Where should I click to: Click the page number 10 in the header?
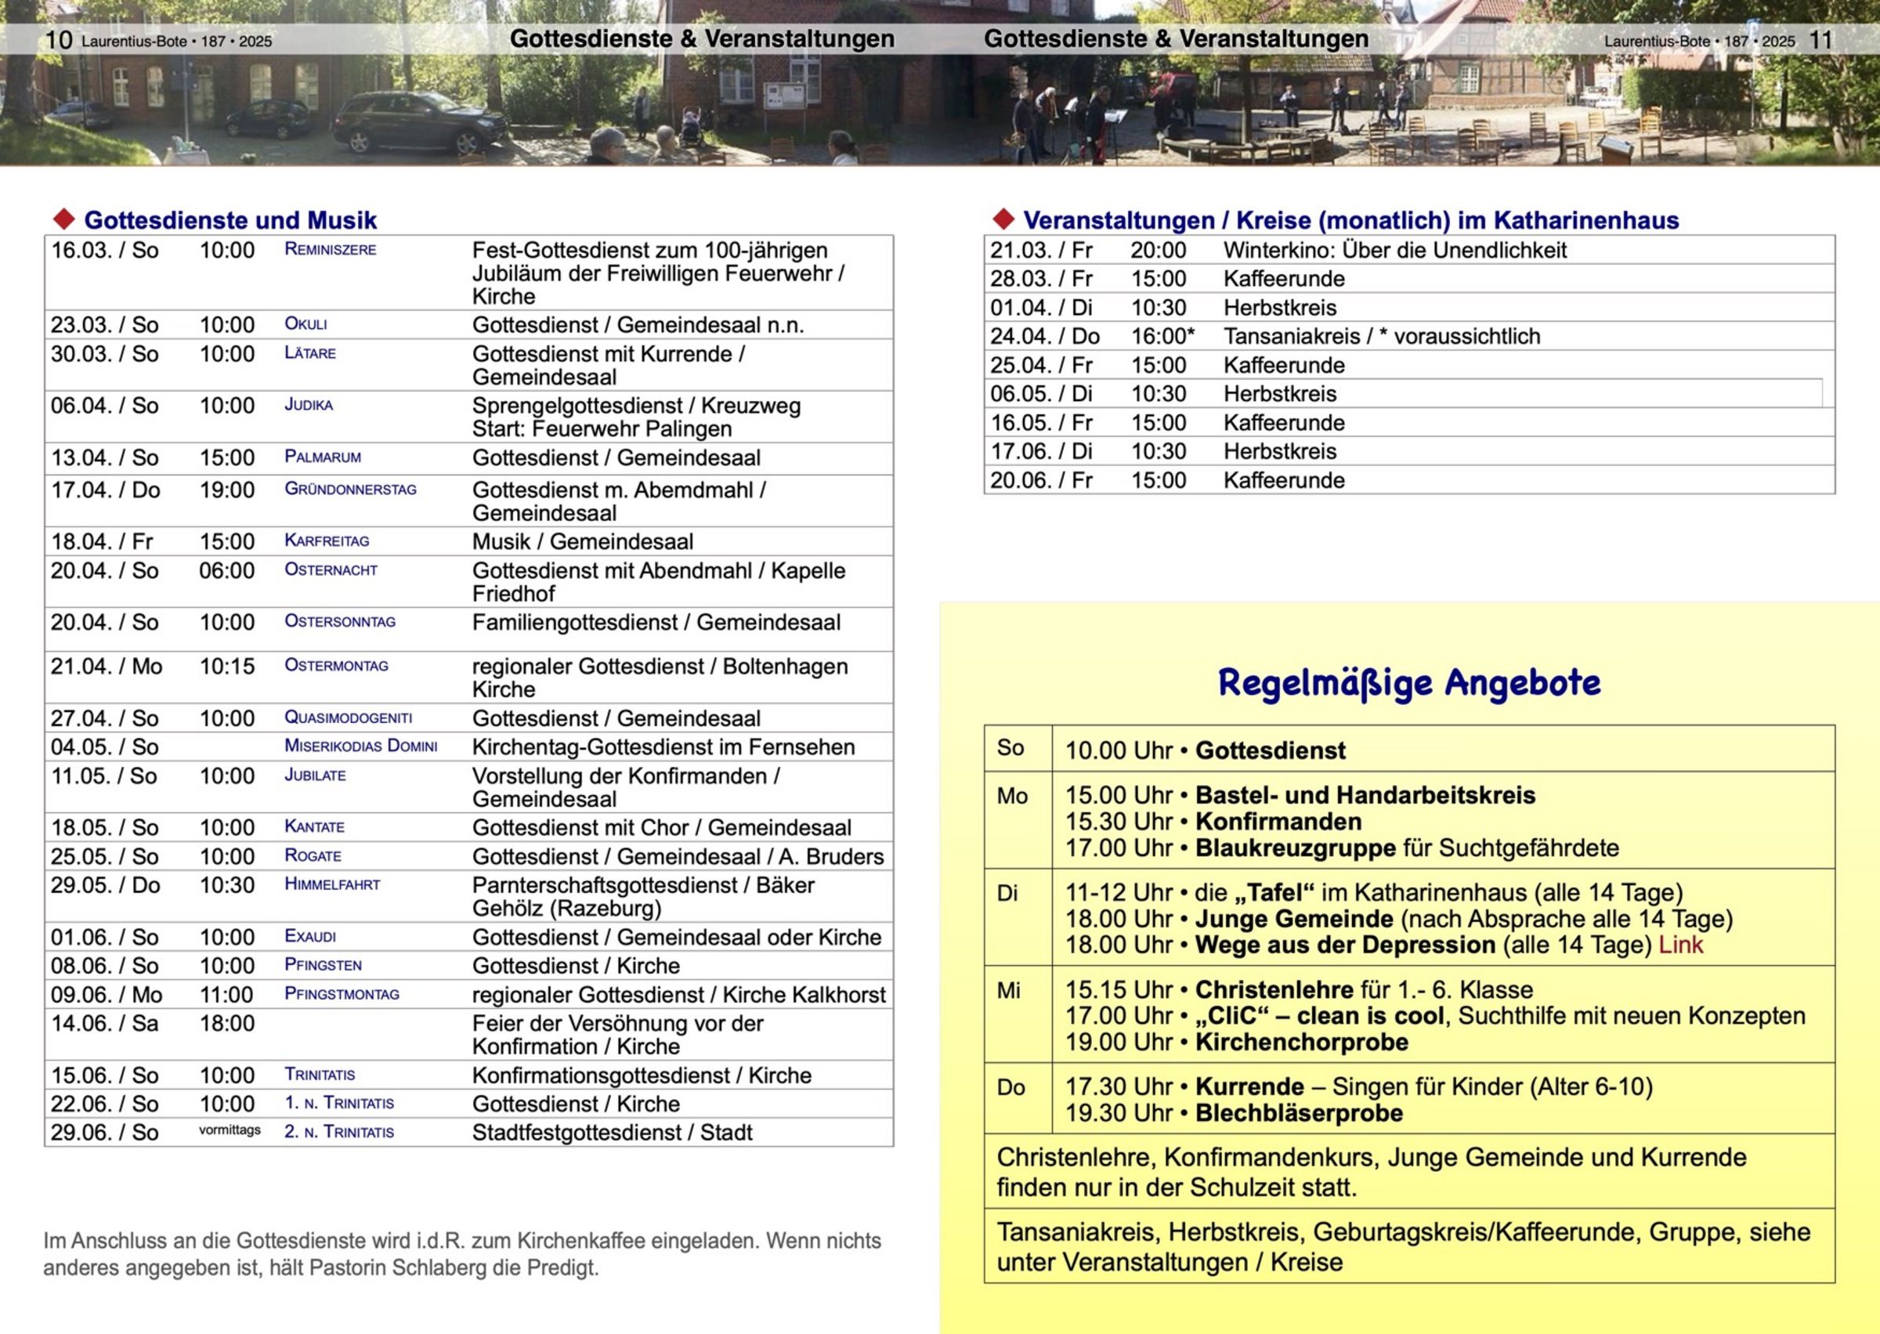point(58,39)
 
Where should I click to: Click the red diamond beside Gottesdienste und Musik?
point(63,219)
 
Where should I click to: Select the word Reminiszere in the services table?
point(330,250)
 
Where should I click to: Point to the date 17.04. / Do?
point(105,490)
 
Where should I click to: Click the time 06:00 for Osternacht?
point(226,571)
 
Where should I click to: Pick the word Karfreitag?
point(327,541)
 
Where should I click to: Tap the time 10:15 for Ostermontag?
point(226,666)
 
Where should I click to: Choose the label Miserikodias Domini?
point(360,747)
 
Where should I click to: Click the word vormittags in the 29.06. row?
point(230,1130)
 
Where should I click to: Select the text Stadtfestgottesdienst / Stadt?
point(612,1133)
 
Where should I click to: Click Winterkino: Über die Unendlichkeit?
point(1394,251)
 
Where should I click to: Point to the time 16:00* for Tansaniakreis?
point(1162,336)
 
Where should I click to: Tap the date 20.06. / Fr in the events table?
point(1040,480)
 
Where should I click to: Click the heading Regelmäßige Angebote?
point(1408,682)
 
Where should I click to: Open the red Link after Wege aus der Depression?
point(1680,945)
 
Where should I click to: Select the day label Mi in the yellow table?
point(1009,991)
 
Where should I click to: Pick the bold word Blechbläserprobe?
point(1299,1113)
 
